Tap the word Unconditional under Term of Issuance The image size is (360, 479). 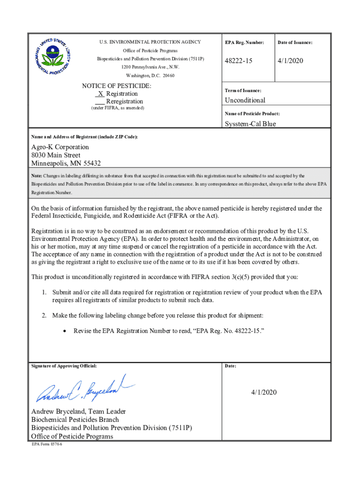[x=245, y=100]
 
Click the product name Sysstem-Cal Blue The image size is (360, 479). [x=250, y=123]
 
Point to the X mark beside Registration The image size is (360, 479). [x=101, y=94]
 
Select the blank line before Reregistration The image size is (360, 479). [x=100, y=102]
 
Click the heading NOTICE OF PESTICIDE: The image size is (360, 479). [x=116, y=86]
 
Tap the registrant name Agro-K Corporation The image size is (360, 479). [x=60, y=147]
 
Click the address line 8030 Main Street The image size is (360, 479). [x=56, y=155]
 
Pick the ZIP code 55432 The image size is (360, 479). [x=91, y=163]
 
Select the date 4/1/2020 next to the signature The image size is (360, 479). [x=263, y=392]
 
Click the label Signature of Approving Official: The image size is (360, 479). [x=64, y=366]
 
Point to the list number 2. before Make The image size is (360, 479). [x=44, y=315]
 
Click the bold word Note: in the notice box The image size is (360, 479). [x=37, y=176]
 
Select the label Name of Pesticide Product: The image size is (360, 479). [x=252, y=114]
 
